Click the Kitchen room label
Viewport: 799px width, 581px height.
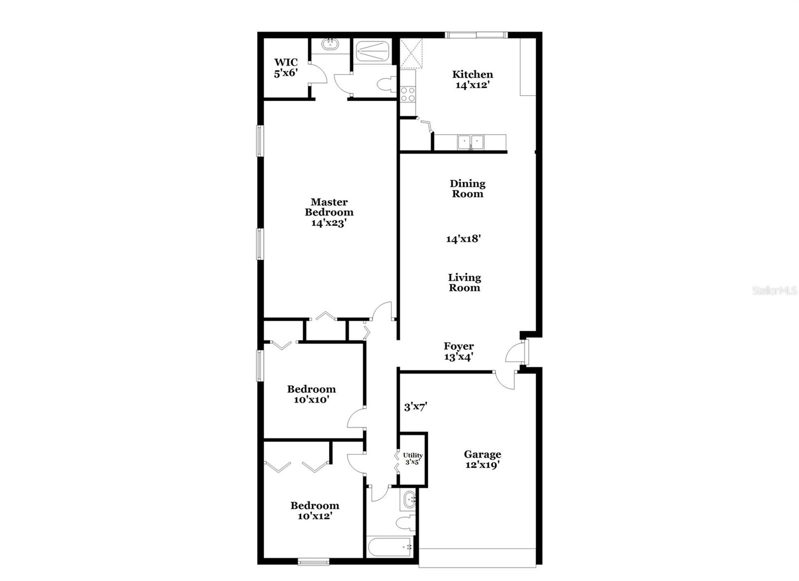[472, 74]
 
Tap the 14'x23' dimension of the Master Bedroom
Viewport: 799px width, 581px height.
[329, 223]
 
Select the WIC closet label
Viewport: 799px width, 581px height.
[286, 62]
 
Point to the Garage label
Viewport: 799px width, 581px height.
[482, 454]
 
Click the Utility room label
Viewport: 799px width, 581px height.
[413, 455]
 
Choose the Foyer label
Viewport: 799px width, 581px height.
[459, 346]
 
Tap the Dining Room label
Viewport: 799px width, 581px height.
[467, 189]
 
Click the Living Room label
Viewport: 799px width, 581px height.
[464, 282]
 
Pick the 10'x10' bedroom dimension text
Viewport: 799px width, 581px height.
[311, 400]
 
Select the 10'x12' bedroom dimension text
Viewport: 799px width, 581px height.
[315, 516]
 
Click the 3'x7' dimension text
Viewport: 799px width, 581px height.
[415, 407]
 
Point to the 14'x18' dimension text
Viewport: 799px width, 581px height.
[463, 239]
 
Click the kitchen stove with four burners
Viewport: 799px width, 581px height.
[408, 93]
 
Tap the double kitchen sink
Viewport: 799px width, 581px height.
[470, 142]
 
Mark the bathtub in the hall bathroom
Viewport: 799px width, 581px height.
[390, 547]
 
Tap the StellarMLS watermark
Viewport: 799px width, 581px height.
[775, 291]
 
